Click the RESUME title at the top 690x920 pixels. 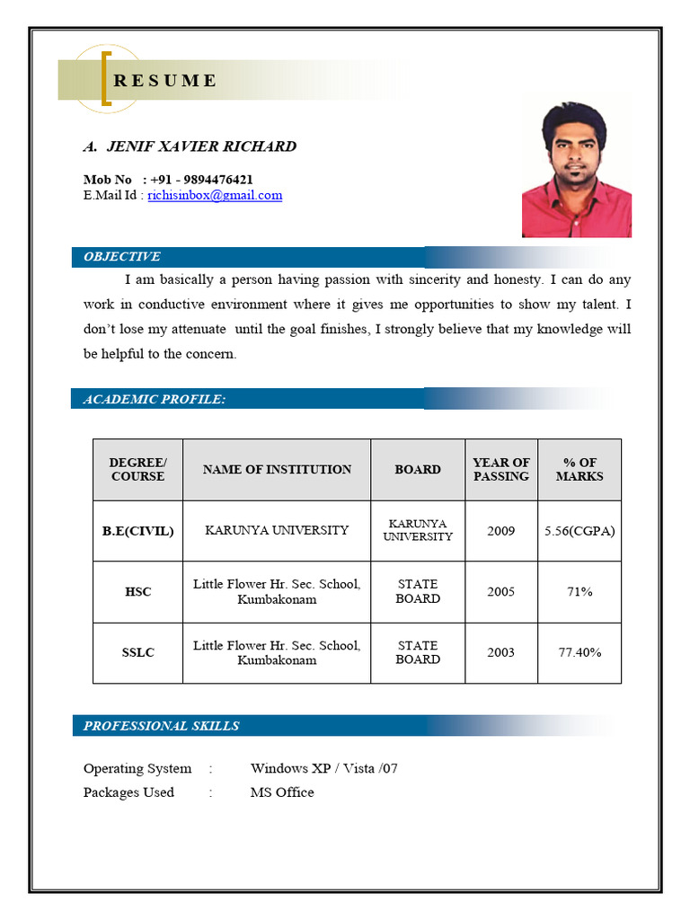pyautogui.click(x=165, y=81)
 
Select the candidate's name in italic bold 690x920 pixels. pyautogui.click(x=190, y=146)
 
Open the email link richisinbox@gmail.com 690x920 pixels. pyautogui.click(x=215, y=195)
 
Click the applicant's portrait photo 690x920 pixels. pyautogui.click(x=576, y=171)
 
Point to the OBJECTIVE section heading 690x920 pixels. pyautogui.click(x=122, y=257)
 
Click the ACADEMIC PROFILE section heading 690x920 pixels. pyautogui.click(x=155, y=399)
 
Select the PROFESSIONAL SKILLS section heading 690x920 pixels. pyautogui.click(x=162, y=726)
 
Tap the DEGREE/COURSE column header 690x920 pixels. pyautogui.click(x=137, y=469)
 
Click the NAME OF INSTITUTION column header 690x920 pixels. pyautogui.click(x=277, y=469)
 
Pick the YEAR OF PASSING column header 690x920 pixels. pyautogui.click(x=501, y=469)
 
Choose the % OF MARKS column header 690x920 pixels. pyautogui.click(x=579, y=469)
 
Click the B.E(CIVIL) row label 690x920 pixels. pyautogui.click(x=137, y=531)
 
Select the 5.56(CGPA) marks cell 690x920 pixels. pyautogui.click(x=579, y=531)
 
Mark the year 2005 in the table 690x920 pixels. pyautogui.click(x=501, y=592)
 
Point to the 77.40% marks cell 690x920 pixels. pyautogui.click(x=579, y=652)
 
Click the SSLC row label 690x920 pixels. pyautogui.click(x=137, y=652)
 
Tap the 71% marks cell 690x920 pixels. pyautogui.click(x=579, y=592)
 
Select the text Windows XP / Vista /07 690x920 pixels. pyautogui.click(x=323, y=768)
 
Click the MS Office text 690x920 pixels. pyautogui.click(x=282, y=792)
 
